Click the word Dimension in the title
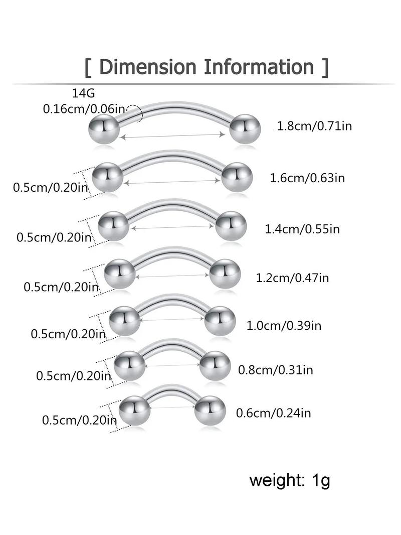click(147, 67)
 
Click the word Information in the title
click(259, 67)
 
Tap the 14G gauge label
click(84, 93)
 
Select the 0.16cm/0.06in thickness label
click(84, 109)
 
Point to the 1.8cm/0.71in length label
click(314, 126)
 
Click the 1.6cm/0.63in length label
click(307, 178)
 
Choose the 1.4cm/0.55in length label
click(302, 229)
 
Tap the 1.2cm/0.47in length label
click(292, 278)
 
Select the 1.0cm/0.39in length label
click(284, 326)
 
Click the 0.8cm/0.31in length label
click(275, 370)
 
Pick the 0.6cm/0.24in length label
click(273, 413)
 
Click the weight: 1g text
click(290, 481)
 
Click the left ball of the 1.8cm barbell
click(104, 129)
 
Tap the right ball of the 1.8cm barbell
click(245, 128)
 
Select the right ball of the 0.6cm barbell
click(210, 410)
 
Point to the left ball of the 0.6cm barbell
click(135, 411)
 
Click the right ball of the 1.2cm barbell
click(225, 274)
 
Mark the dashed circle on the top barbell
click(134, 113)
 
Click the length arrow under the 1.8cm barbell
click(173, 136)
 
